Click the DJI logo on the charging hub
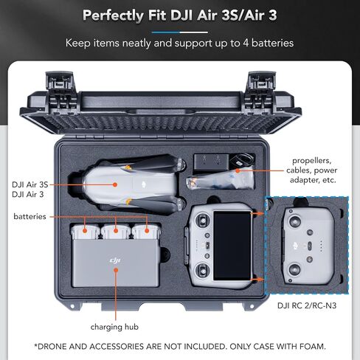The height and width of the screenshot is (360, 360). (x=115, y=260)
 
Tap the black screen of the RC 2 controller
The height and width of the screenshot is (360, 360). (x=232, y=245)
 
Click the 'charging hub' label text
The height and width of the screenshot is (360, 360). (x=114, y=327)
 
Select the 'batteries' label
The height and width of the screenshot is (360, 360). (x=30, y=216)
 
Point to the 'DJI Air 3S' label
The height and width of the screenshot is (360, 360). (x=30, y=184)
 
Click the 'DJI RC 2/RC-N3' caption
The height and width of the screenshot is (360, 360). (x=307, y=305)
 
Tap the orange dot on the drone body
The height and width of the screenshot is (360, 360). (x=115, y=184)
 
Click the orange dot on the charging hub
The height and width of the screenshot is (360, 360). (x=116, y=270)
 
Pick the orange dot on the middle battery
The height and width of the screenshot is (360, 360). (x=116, y=231)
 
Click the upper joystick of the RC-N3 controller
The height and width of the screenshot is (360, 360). (x=294, y=221)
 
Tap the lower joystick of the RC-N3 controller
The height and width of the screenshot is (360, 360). (x=294, y=269)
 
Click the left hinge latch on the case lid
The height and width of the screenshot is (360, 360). (x=60, y=91)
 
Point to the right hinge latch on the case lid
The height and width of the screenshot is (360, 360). (x=261, y=91)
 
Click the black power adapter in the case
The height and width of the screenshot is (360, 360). (x=212, y=162)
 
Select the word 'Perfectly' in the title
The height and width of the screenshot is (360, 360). (x=113, y=15)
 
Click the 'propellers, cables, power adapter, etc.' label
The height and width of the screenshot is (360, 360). (x=312, y=170)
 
